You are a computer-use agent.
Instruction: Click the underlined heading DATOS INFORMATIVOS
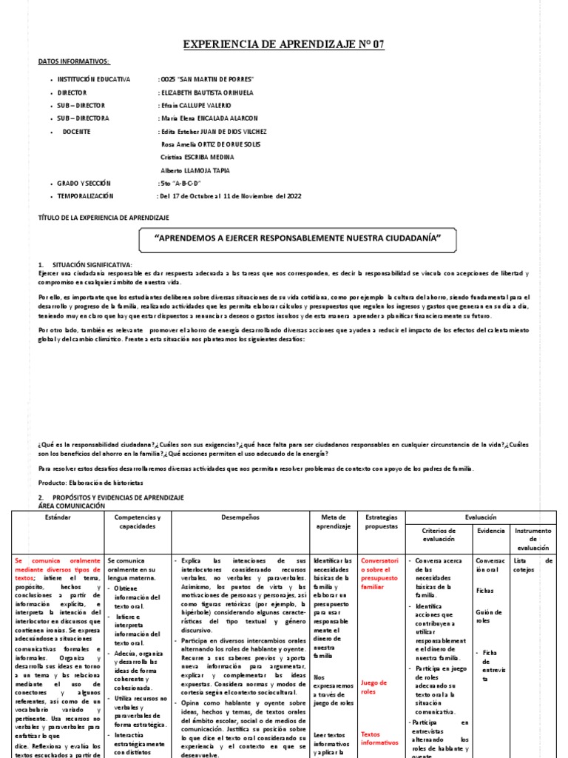point(73,62)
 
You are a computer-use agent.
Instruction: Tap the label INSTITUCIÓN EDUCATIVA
point(94,78)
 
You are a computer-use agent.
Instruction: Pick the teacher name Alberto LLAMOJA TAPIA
point(195,170)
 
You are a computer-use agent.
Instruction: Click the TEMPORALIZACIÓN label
point(86,196)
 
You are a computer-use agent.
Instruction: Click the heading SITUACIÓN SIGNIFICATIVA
point(92,264)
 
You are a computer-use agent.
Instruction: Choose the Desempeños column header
point(239,517)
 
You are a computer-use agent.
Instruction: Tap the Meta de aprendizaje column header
point(333,521)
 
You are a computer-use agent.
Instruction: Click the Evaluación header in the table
point(481,517)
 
